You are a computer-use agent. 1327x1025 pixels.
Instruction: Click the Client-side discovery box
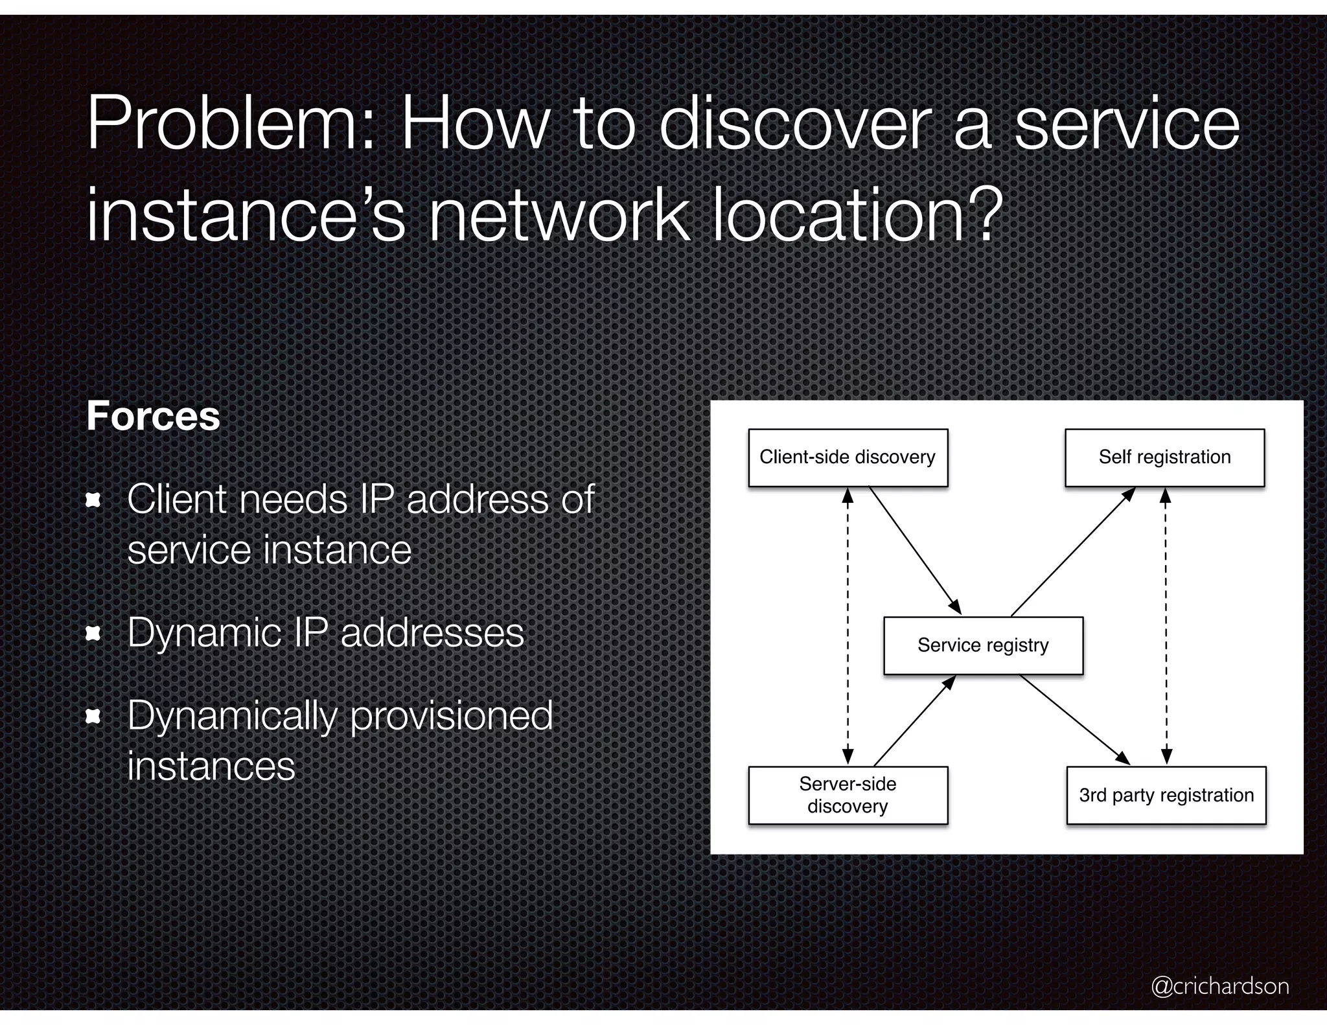point(848,457)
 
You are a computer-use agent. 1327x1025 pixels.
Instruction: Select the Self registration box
point(1164,457)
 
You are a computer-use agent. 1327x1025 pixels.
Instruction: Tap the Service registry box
point(983,645)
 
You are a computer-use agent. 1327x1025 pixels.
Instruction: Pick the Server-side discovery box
point(848,795)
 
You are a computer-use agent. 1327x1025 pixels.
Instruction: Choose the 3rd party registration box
point(1166,795)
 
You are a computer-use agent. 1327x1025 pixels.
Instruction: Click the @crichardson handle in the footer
point(1219,985)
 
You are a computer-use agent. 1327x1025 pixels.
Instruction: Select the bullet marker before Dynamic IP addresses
point(94,633)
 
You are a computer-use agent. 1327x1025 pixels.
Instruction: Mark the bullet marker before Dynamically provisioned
point(94,716)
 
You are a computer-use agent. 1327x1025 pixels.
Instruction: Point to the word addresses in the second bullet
point(432,633)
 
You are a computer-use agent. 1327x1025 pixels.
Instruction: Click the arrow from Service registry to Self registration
point(1073,551)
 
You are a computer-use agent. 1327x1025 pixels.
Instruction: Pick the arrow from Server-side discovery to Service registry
point(914,720)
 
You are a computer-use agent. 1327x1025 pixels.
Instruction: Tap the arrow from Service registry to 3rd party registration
point(1075,719)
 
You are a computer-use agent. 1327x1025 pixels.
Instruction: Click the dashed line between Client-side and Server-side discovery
point(848,626)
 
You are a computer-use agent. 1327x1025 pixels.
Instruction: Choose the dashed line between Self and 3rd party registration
point(1166,626)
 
